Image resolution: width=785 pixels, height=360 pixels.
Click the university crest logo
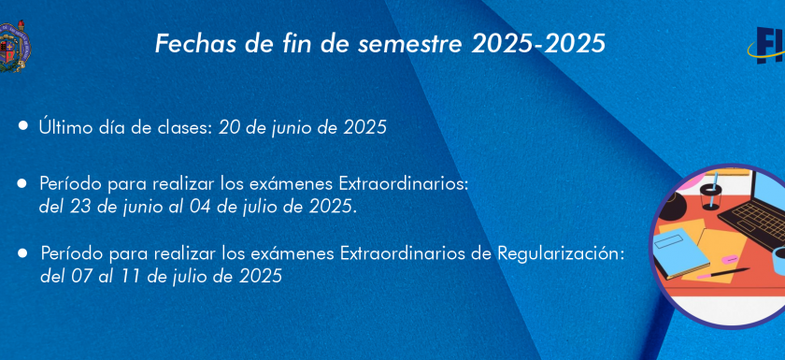tap(15, 47)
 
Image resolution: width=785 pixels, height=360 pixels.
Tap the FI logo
tap(766, 46)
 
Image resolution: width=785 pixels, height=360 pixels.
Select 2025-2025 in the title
tap(538, 44)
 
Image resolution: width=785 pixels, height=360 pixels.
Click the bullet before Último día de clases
tap(23, 125)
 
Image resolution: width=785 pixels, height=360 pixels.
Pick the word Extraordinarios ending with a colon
tap(404, 184)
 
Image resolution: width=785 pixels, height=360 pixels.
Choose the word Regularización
tap(562, 253)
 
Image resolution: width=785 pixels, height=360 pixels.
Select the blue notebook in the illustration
tap(682, 253)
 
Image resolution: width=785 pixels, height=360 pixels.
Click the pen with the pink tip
tap(723, 273)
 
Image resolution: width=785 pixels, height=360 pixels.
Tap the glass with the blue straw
tap(711, 193)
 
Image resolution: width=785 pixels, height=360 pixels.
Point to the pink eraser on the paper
tap(730, 259)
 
